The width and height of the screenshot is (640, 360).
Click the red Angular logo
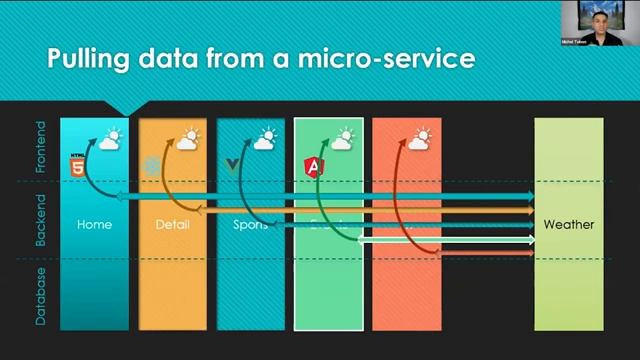coord(314,166)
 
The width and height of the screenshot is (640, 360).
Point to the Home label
coord(94,225)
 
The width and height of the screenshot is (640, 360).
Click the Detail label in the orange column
coord(172,225)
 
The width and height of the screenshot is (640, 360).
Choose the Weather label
coord(568,225)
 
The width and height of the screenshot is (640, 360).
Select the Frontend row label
coord(41,148)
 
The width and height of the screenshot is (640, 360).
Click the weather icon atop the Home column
coord(109,139)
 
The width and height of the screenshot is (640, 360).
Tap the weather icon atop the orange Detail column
coord(187,139)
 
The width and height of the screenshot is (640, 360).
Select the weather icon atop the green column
coord(343,139)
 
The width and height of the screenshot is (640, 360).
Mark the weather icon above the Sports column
coord(265,139)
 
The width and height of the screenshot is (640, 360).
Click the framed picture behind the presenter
coord(576,17)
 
